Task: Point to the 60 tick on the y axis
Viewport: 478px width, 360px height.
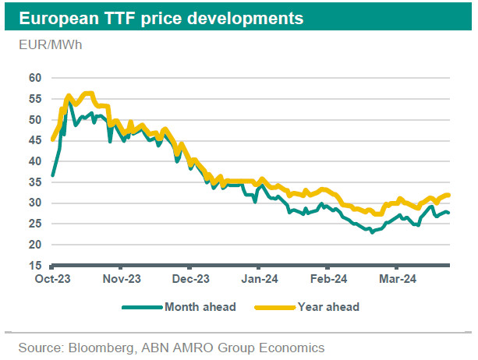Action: coord(35,78)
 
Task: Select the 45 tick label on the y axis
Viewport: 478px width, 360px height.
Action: coord(35,140)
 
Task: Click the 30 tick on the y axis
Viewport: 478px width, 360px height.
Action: coord(35,203)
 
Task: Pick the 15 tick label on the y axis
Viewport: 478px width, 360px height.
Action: coord(35,266)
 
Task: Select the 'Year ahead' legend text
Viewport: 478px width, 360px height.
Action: coord(328,307)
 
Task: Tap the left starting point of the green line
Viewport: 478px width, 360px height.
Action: coord(52,175)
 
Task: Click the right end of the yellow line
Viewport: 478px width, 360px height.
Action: coord(450,195)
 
